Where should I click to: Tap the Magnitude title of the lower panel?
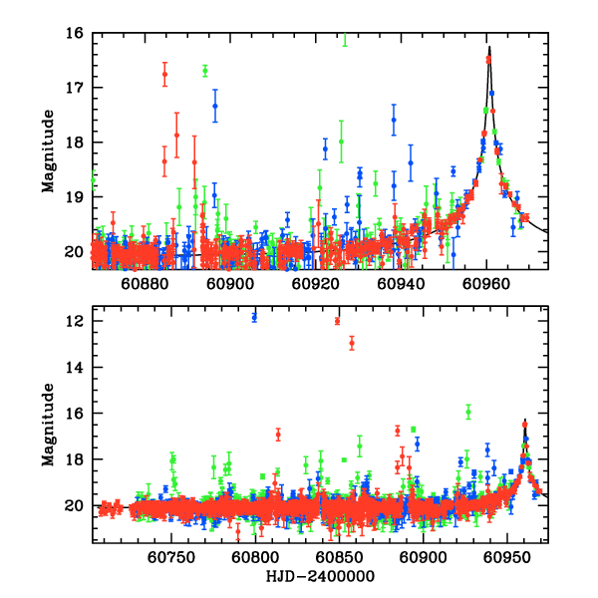point(48,424)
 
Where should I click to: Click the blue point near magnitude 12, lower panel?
point(254,317)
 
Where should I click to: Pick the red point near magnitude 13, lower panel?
point(352,344)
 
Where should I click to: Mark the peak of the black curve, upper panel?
point(489,46)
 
